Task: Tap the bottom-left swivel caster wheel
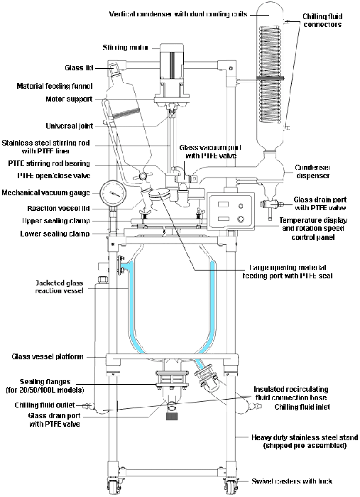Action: [x=114, y=486]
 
